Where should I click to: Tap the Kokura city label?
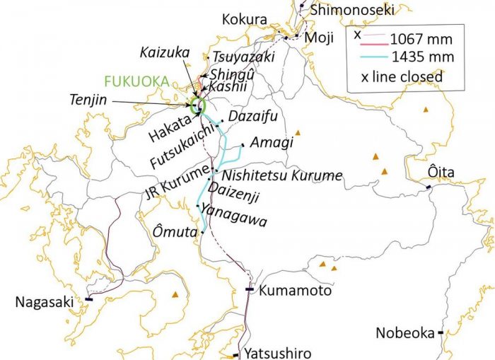[x=245, y=19]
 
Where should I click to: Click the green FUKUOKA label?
[x=136, y=81]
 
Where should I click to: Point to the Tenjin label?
[x=88, y=100]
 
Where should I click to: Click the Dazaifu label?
[x=253, y=115]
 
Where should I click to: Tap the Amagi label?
[x=272, y=142]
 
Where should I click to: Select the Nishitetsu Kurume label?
[x=281, y=175]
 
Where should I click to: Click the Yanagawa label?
[x=233, y=214]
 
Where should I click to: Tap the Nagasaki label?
[x=44, y=302]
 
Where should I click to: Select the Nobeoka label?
[x=404, y=332]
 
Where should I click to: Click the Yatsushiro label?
[x=277, y=352]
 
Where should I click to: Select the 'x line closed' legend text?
[x=402, y=76]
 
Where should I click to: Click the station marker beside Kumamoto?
[x=249, y=289]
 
